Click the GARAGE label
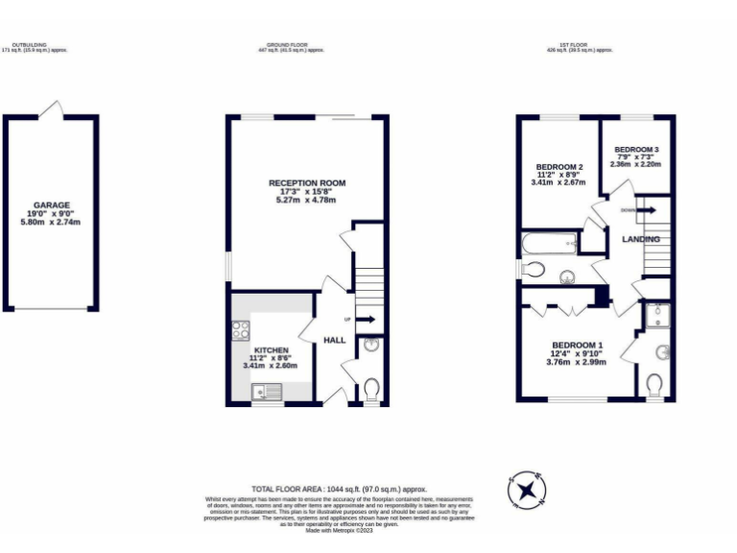point(50,205)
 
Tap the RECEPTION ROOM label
point(306,182)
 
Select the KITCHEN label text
point(271,350)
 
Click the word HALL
point(334,340)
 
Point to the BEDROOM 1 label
point(577,345)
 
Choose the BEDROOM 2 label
point(558,165)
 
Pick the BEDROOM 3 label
point(636,150)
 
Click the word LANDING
point(640,238)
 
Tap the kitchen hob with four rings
point(240,331)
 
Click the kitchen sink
point(266,391)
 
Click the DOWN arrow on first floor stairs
point(646,209)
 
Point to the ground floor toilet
point(371,387)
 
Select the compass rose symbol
point(526,491)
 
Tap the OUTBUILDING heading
point(29,44)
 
